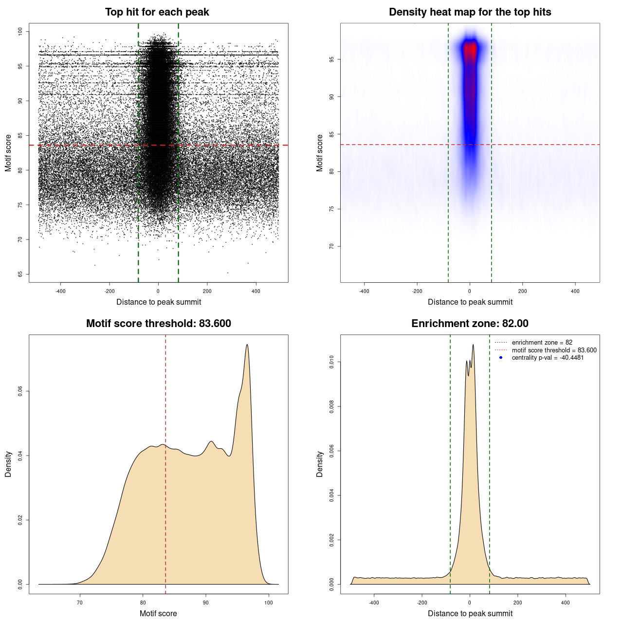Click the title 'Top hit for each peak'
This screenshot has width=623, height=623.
157,12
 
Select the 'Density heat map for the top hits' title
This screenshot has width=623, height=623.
470,12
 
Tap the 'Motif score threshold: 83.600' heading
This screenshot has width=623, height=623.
158,324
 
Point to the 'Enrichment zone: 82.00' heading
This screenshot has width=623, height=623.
470,324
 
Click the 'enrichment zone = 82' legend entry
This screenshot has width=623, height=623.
542,343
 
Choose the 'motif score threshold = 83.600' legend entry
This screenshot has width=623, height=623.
554,350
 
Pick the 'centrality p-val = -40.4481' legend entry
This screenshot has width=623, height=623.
548,358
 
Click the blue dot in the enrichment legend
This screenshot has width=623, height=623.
501,358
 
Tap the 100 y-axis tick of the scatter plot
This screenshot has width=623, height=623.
20,31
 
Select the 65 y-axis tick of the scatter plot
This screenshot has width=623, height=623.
20,274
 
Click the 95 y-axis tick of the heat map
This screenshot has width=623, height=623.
331,59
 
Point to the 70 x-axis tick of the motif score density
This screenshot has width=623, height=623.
80,603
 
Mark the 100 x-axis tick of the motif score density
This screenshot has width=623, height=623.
269,603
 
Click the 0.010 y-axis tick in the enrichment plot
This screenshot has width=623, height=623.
331,362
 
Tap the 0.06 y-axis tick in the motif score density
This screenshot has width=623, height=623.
20,391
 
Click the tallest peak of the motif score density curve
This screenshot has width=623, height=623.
247,345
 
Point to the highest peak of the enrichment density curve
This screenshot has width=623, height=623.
473,345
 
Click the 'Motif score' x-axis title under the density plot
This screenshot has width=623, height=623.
158,613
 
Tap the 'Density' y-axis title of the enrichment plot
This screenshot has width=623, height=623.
320,464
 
